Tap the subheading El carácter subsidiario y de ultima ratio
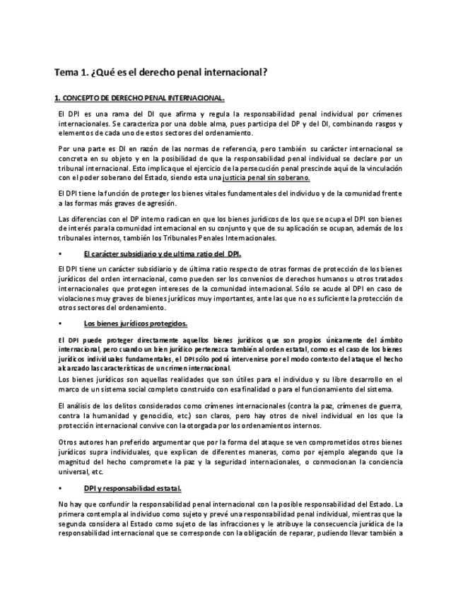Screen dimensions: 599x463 pos(162,254)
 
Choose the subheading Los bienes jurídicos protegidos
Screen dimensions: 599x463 pos(135,324)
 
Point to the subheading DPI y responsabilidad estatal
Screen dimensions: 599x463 pos(132,488)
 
